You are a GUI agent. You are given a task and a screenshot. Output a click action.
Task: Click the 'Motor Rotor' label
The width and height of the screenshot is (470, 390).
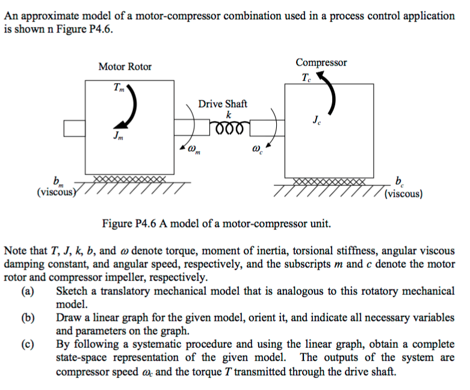click(125, 66)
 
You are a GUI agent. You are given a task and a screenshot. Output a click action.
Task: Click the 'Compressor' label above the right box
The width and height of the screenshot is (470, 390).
click(321, 63)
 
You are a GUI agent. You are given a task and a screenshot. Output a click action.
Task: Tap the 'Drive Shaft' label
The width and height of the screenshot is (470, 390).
click(223, 104)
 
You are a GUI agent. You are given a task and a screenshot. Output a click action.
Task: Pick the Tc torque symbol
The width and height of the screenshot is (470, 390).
click(306, 77)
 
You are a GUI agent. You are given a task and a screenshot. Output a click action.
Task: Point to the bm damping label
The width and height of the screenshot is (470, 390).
click(58, 181)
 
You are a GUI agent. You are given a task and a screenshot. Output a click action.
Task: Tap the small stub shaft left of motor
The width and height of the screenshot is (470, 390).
click(73, 128)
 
